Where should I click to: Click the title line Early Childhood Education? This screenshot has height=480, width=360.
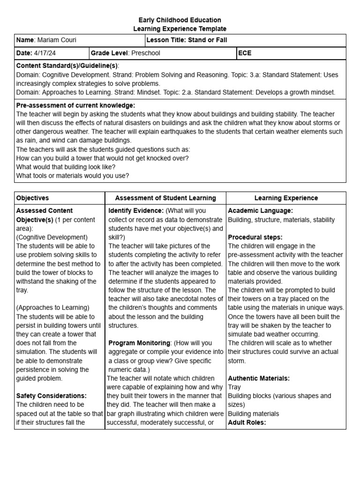[x=180, y=20]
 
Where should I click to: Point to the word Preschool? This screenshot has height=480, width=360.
[x=145, y=53]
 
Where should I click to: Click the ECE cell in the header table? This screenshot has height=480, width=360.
[x=245, y=53]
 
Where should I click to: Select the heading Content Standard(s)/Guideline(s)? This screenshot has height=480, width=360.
[x=67, y=66]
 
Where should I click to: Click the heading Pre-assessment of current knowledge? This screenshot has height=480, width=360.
[x=75, y=105]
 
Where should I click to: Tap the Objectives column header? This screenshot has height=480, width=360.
[x=32, y=198]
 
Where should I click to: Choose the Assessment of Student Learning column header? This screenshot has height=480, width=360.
[x=165, y=198]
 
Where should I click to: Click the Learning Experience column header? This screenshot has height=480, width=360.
[x=286, y=198]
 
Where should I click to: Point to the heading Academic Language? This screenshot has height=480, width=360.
[x=260, y=211]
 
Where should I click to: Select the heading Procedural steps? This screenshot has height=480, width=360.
[x=255, y=237]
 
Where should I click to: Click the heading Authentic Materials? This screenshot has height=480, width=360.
[x=258, y=378]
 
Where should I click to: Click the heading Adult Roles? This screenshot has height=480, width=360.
[x=247, y=422]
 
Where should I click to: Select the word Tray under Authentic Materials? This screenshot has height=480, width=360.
[x=234, y=387]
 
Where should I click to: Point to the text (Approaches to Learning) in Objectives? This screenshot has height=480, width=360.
[x=52, y=307]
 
